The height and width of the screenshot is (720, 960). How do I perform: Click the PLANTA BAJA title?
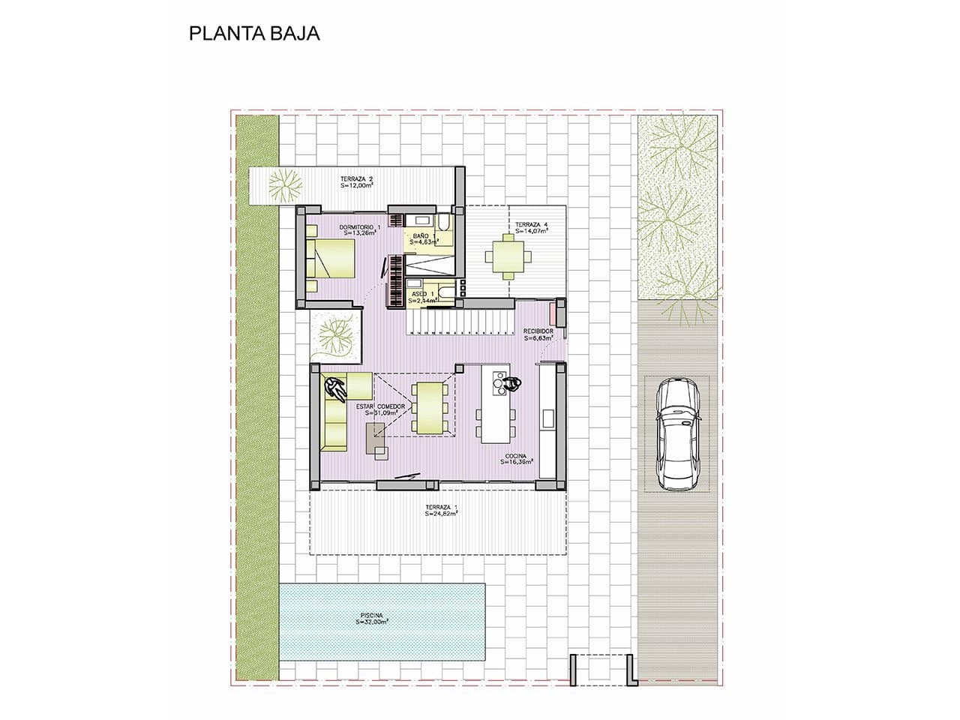254,34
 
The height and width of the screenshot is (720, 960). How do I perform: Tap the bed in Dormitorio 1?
331,259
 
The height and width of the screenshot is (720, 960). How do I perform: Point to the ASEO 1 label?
421,296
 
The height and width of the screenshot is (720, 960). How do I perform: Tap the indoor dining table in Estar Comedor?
430,409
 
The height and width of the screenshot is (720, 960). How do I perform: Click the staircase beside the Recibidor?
457,322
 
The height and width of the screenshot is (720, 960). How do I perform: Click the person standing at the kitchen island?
513,384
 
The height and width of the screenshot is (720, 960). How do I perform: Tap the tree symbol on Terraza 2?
286,183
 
